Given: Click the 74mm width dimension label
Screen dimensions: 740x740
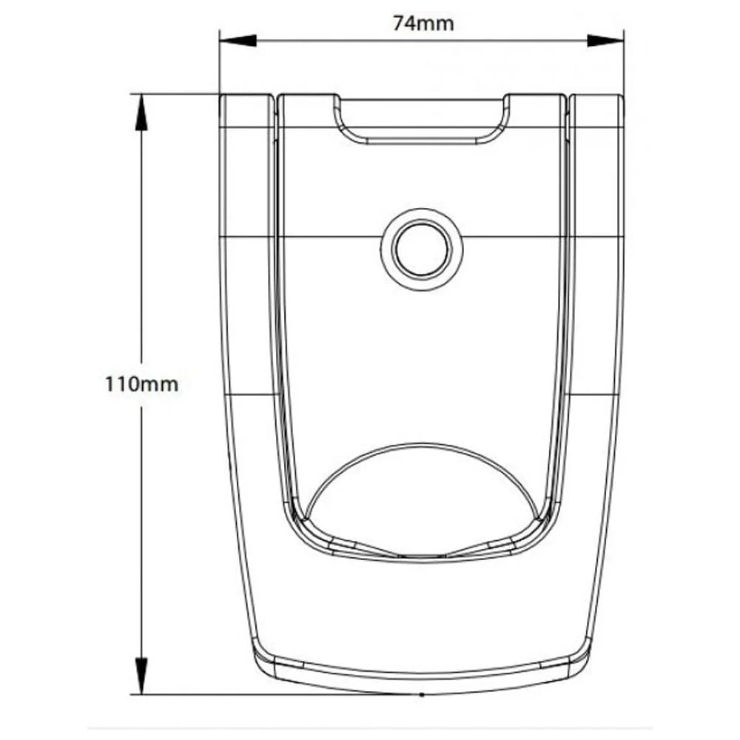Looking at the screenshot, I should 423,23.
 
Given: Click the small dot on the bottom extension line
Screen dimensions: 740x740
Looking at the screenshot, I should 421,695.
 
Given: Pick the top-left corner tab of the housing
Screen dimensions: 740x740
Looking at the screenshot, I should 246,111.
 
